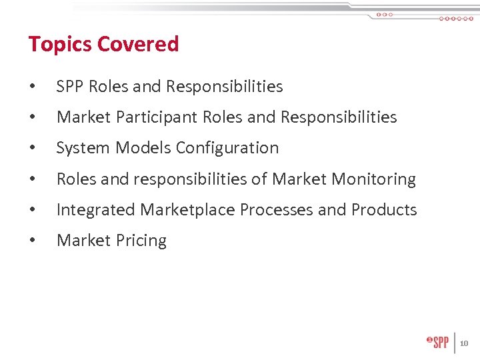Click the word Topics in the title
(x=59, y=45)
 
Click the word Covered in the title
(x=138, y=44)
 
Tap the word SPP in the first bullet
(x=70, y=87)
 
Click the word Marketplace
(x=188, y=210)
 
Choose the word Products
(x=384, y=210)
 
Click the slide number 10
(x=464, y=344)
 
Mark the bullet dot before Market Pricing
(x=32, y=241)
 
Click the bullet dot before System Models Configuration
(x=32, y=149)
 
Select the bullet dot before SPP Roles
(x=32, y=87)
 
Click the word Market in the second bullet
(x=79, y=117)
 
